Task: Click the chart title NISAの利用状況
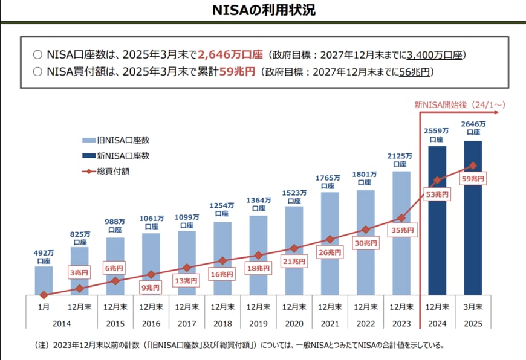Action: [x=263, y=10]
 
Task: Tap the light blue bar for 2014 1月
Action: [x=44, y=280]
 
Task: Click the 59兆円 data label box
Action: [x=473, y=179]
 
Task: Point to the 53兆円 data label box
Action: [x=437, y=194]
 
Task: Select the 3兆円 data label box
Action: [x=79, y=272]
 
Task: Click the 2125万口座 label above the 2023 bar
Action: [x=401, y=159]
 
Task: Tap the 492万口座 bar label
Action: [x=44, y=257]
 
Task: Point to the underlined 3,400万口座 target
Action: [x=435, y=55]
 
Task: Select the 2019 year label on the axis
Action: [x=258, y=323]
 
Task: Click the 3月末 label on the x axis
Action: [x=473, y=307]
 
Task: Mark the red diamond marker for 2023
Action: [x=401, y=218]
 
